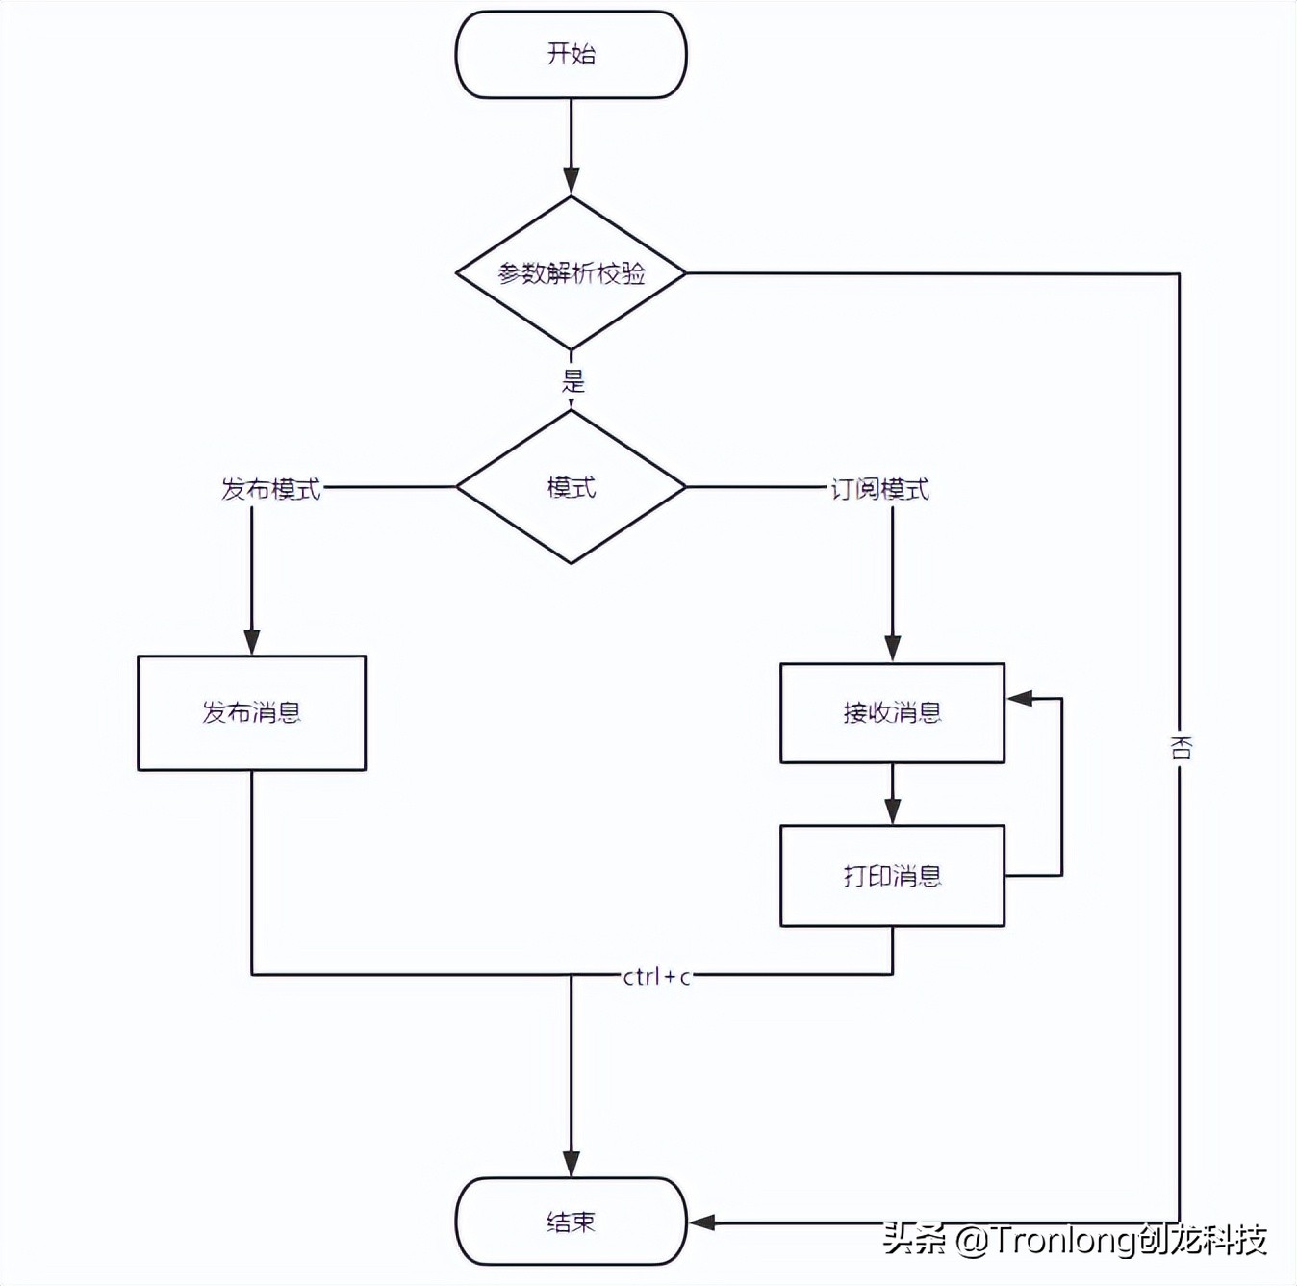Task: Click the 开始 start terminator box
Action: pyautogui.click(x=571, y=55)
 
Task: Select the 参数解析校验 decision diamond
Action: pyautogui.click(x=571, y=273)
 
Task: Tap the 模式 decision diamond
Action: pyautogui.click(x=571, y=487)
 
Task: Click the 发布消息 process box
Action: pyautogui.click(x=251, y=712)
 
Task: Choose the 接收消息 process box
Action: pyautogui.click(x=892, y=712)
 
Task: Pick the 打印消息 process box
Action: pyautogui.click(x=892, y=875)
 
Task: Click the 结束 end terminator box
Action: pyautogui.click(x=571, y=1222)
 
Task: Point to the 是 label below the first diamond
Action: pyautogui.click(x=573, y=381)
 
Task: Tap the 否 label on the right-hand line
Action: pyautogui.click(x=1181, y=748)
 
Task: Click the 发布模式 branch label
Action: pyautogui.click(x=270, y=489)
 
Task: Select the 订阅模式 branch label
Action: pyautogui.click(x=879, y=489)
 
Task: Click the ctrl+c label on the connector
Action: pyautogui.click(x=656, y=976)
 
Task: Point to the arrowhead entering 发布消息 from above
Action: pyautogui.click(x=252, y=642)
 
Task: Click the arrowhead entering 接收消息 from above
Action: pyautogui.click(x=892, y=649)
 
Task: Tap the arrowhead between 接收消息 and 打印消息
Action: pyautogui.click(x=892, y=811)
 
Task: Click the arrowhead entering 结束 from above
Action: pyautogui.click(x=571, y=1164)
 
